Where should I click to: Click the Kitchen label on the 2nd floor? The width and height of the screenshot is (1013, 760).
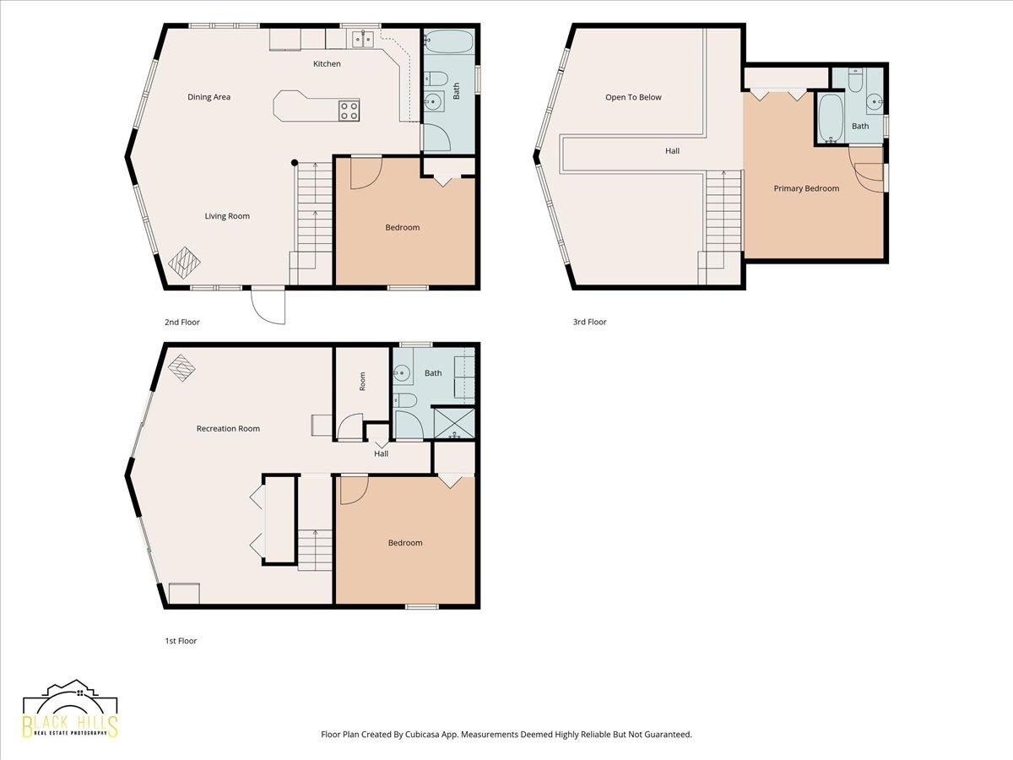click(327, 63)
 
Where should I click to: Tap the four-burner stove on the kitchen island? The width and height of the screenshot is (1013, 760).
click(349, 111)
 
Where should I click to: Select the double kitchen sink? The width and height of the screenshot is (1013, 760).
click(363, 39)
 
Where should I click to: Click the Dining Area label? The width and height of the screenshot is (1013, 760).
click(209, 97)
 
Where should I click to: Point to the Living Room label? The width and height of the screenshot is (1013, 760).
click(227, 216)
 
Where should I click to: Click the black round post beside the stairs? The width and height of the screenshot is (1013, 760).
click(295, 162)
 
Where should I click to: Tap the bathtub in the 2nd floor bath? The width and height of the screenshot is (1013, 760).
click(448, 41)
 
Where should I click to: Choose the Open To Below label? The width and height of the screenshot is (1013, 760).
click(633, 97)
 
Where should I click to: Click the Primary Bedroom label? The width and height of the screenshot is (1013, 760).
click(806, 188)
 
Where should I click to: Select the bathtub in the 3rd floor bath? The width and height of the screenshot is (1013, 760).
click(832, 117)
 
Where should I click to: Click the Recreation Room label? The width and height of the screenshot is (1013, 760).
click(228, 429)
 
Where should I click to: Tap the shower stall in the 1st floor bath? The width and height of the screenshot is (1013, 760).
click(454, 422)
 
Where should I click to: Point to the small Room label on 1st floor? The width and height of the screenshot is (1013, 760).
click(362, 382)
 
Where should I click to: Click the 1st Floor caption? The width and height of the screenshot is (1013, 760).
click(181, 640)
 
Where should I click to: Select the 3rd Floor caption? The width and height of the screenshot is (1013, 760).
click(590, 322)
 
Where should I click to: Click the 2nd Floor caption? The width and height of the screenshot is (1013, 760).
click(182, 322)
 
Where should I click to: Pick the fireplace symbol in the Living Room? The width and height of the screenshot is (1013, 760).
click(185, 263)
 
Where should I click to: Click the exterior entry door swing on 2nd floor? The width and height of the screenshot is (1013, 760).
click(268, 305)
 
